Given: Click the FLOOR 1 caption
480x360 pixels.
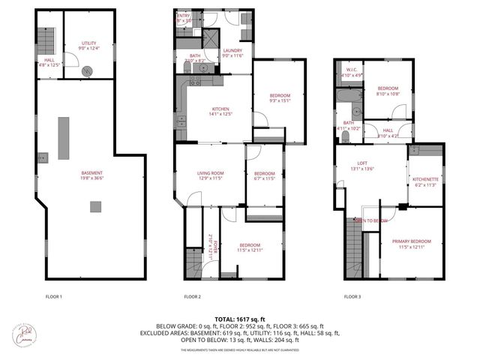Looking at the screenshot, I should pyautogui.click(x=54, y=296).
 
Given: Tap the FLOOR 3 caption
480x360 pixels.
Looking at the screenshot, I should pyautogui.click(x=352, y=296).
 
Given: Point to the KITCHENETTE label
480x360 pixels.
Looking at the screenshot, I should pyautogui.click(x=425, y=181).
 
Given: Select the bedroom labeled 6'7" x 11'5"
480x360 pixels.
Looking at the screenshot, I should pyautogui.click(x=264, y=176).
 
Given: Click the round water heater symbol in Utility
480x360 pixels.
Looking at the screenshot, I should pyautogui.click(x=89, y=71).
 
